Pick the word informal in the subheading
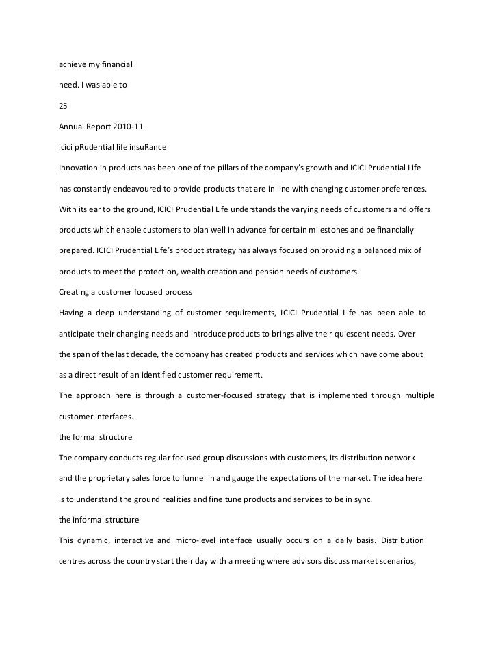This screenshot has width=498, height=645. [94, 520]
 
